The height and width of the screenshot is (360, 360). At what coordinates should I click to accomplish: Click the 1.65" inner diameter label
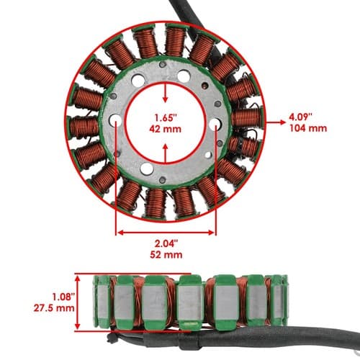(166, 118)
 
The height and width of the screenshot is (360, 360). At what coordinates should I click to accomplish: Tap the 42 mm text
(165, 129)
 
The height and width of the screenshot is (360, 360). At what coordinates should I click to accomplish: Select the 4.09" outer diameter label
(301, 117)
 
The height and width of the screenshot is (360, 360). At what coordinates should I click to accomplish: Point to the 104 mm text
(308, 128)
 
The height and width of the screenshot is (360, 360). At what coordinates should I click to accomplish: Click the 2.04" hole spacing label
(166, 243)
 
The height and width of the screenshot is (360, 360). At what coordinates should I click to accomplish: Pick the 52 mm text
(166, 255)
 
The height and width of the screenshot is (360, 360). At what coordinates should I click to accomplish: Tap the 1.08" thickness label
(63, 297)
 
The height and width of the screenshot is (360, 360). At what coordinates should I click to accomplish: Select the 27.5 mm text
(54, 308)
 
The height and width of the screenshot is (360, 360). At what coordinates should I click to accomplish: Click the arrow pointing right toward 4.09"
(276, 122)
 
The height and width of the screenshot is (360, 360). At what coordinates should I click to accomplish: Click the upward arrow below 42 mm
(165, 153)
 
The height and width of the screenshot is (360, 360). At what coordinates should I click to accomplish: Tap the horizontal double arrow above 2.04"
(166, 233)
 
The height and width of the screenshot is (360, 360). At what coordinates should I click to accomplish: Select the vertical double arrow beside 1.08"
(77, 302)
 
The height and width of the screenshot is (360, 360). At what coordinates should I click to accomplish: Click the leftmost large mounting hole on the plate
(115, 120)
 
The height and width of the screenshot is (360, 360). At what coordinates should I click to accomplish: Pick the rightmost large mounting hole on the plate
(215, 124)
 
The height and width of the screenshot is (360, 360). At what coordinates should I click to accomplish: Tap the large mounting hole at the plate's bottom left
(147, 169)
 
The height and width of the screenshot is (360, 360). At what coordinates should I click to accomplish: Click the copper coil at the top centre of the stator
(175, 41)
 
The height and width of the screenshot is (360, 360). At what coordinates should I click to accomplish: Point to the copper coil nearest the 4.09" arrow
(247, 117)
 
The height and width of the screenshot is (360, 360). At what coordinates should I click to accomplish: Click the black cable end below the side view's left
(111, 338)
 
